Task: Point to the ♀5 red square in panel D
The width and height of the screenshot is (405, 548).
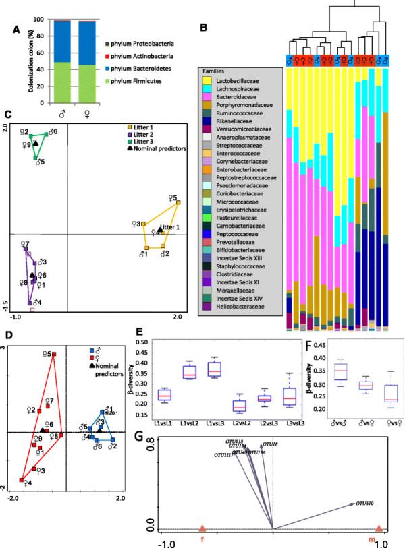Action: point(55,354)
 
